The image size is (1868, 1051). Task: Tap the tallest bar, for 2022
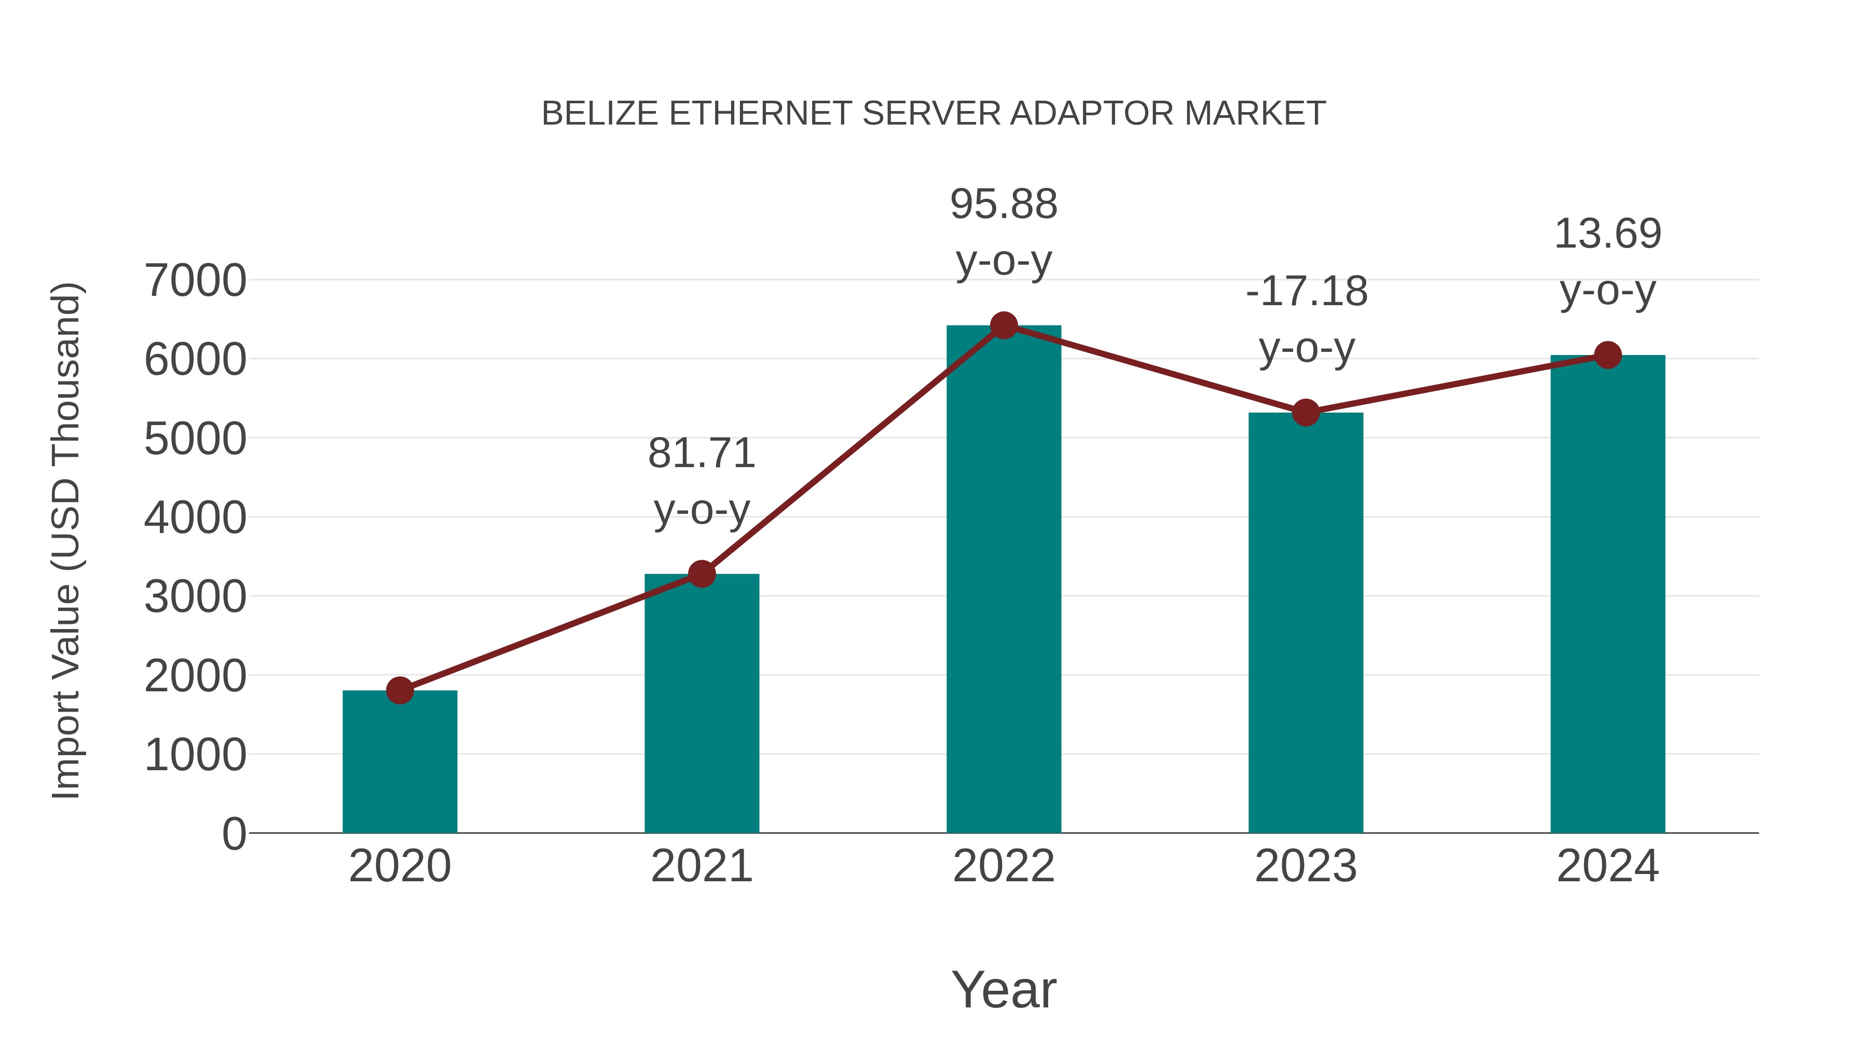click(x=1004, y=580)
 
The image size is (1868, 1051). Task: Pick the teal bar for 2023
click(x=1306, y=624)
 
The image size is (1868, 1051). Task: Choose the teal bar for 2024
click(x=1608, y=595)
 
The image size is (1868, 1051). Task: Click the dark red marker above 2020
click(x=400, y=690)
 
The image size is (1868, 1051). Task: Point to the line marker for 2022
click(x=1004, y=325)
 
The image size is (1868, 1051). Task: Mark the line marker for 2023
click(x=1306, y=413)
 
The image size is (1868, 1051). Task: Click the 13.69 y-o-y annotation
click(x=1608, y=262)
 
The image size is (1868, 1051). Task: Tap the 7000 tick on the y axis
click(x=195, y=281)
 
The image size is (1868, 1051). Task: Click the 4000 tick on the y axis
click(x=195, y=518)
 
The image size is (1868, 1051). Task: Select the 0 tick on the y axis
click(x=233, y=834)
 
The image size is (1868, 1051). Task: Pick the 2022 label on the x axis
click(x=1004, y=866)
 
